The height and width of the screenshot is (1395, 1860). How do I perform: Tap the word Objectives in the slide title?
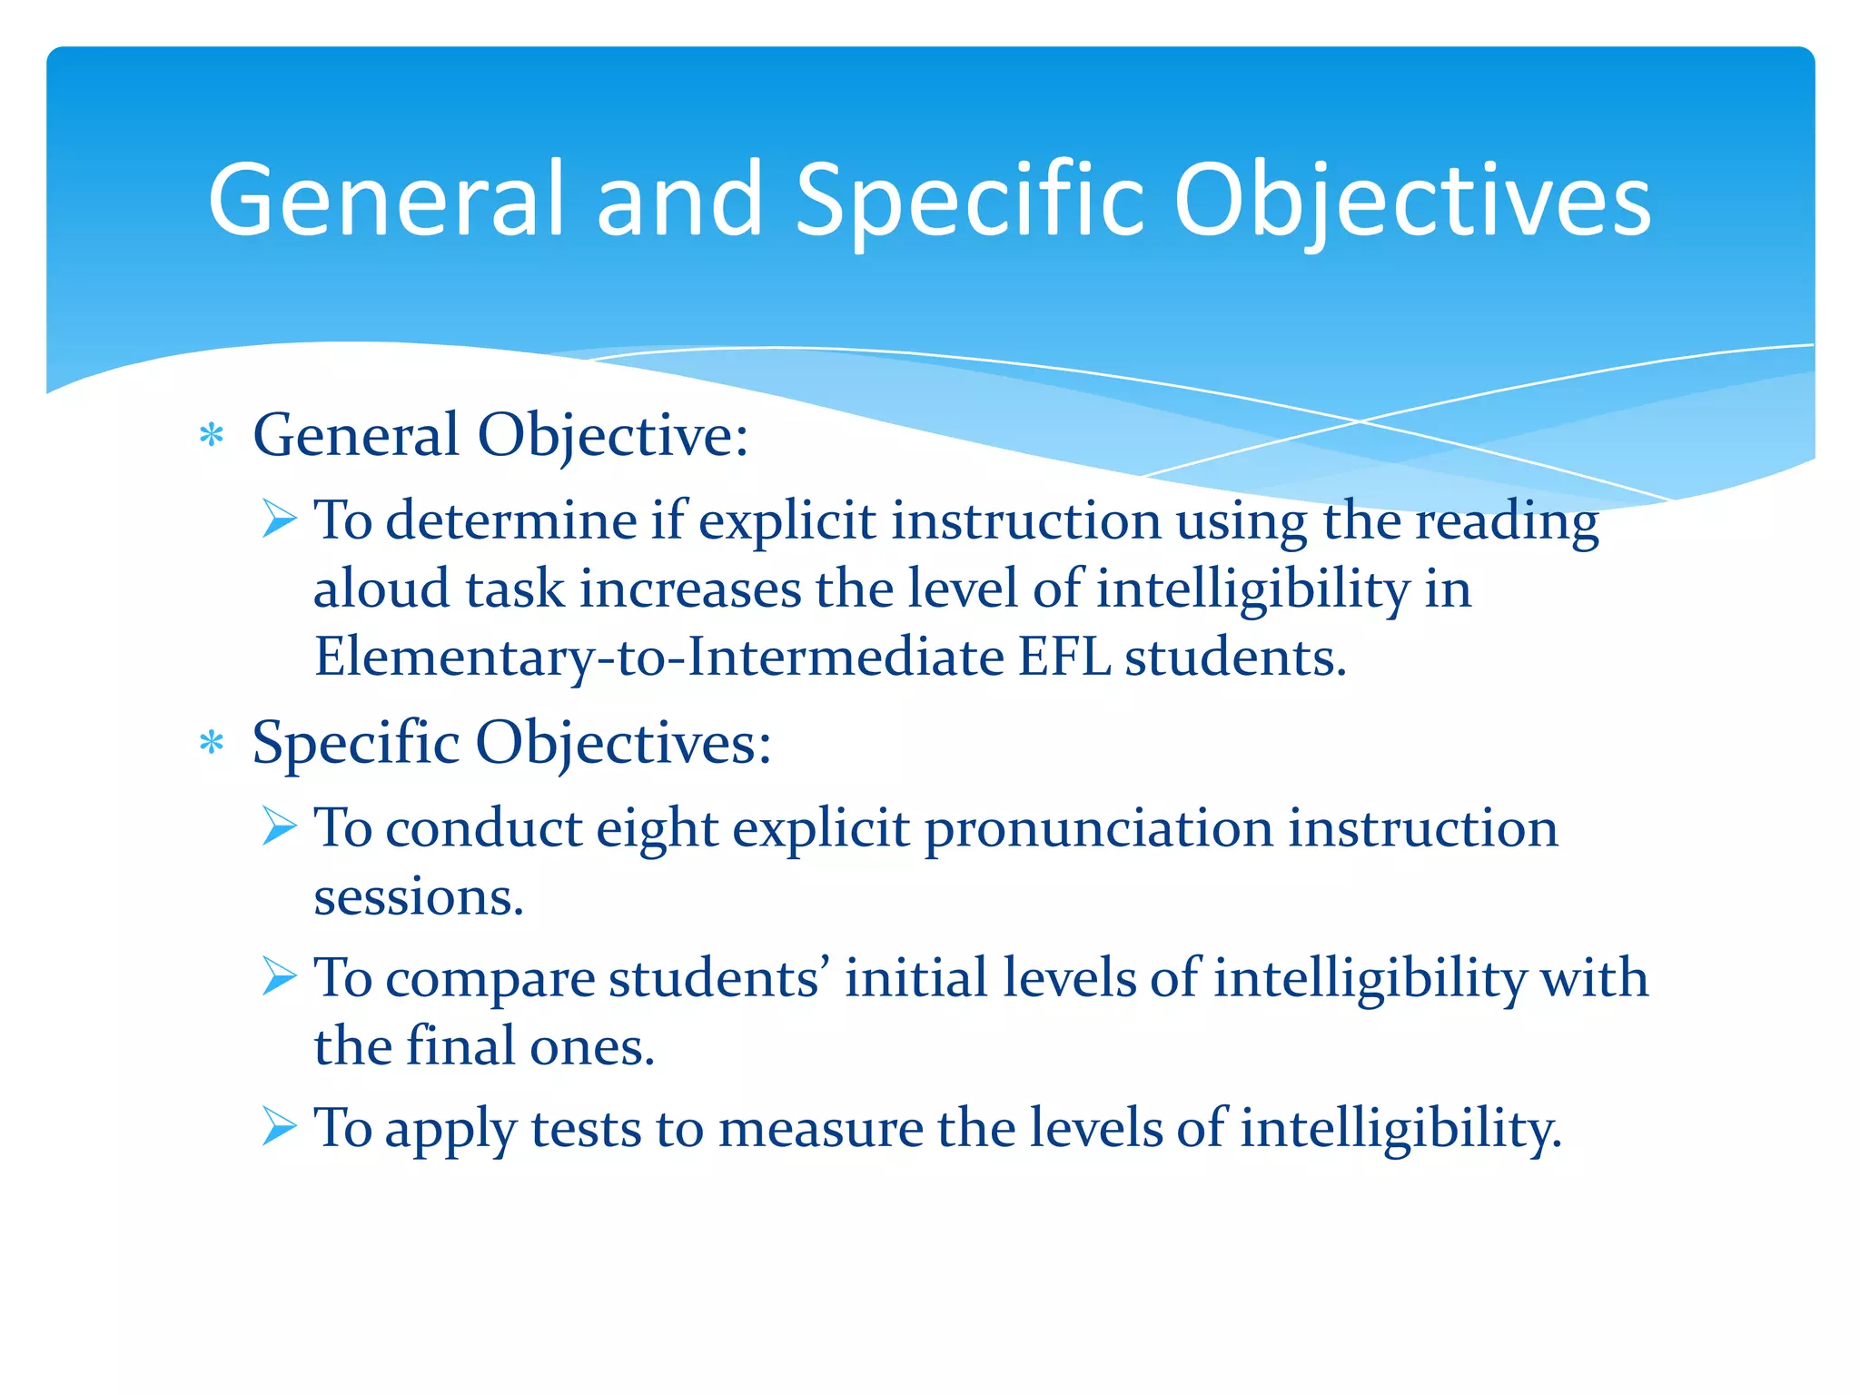pyautogui.click(x=1411, y=202)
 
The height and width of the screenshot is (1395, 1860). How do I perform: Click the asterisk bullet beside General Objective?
pyautogui.click(x=212, y=436)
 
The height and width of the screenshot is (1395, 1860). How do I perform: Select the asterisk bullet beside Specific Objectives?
pyautogui.click(x=212, y=744)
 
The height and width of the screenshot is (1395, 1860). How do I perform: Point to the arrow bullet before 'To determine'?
pyautogui.click(x=279, y=519)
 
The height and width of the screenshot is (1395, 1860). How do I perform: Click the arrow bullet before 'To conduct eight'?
pyautogui.click(x=279, y=827)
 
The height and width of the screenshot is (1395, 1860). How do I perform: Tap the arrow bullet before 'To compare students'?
pyautogui.click(x=279, y=977)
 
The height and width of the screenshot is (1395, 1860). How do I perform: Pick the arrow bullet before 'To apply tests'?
pyautogui.click(x=279, y=1127)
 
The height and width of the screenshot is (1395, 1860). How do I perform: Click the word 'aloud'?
pyautogui.click(x=382, y=589)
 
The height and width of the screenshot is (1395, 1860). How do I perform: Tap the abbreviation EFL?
pyautogui.click(x=1064, y=657)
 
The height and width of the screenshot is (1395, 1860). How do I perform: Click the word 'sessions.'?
pyautogui.click(x=419, y=897)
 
